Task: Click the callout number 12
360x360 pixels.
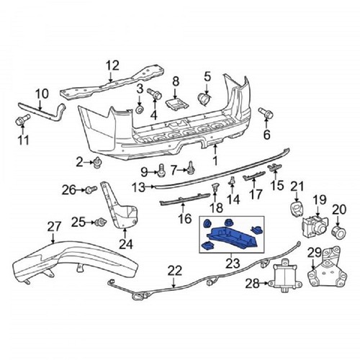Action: tap(111, 67)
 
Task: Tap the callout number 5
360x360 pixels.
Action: tap(207, 76)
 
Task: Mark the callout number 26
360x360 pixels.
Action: tap(68, 190)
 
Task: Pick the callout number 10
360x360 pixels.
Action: tap(42, 92)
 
